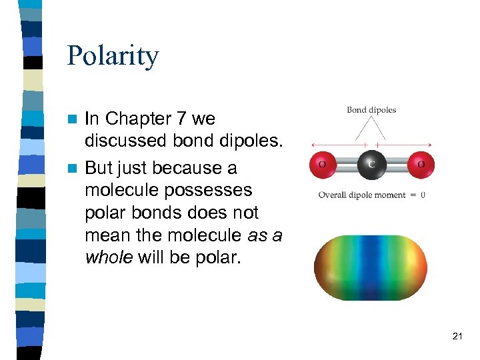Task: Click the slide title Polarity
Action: pos(113,56)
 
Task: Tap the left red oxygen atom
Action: pos(323,164)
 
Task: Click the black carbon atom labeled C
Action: pos(372,164)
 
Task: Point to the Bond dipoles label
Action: pos(371,110)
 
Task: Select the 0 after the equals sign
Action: pos(423,195)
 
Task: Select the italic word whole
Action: pos(109,258)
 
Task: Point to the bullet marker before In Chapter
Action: pos(75,119)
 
